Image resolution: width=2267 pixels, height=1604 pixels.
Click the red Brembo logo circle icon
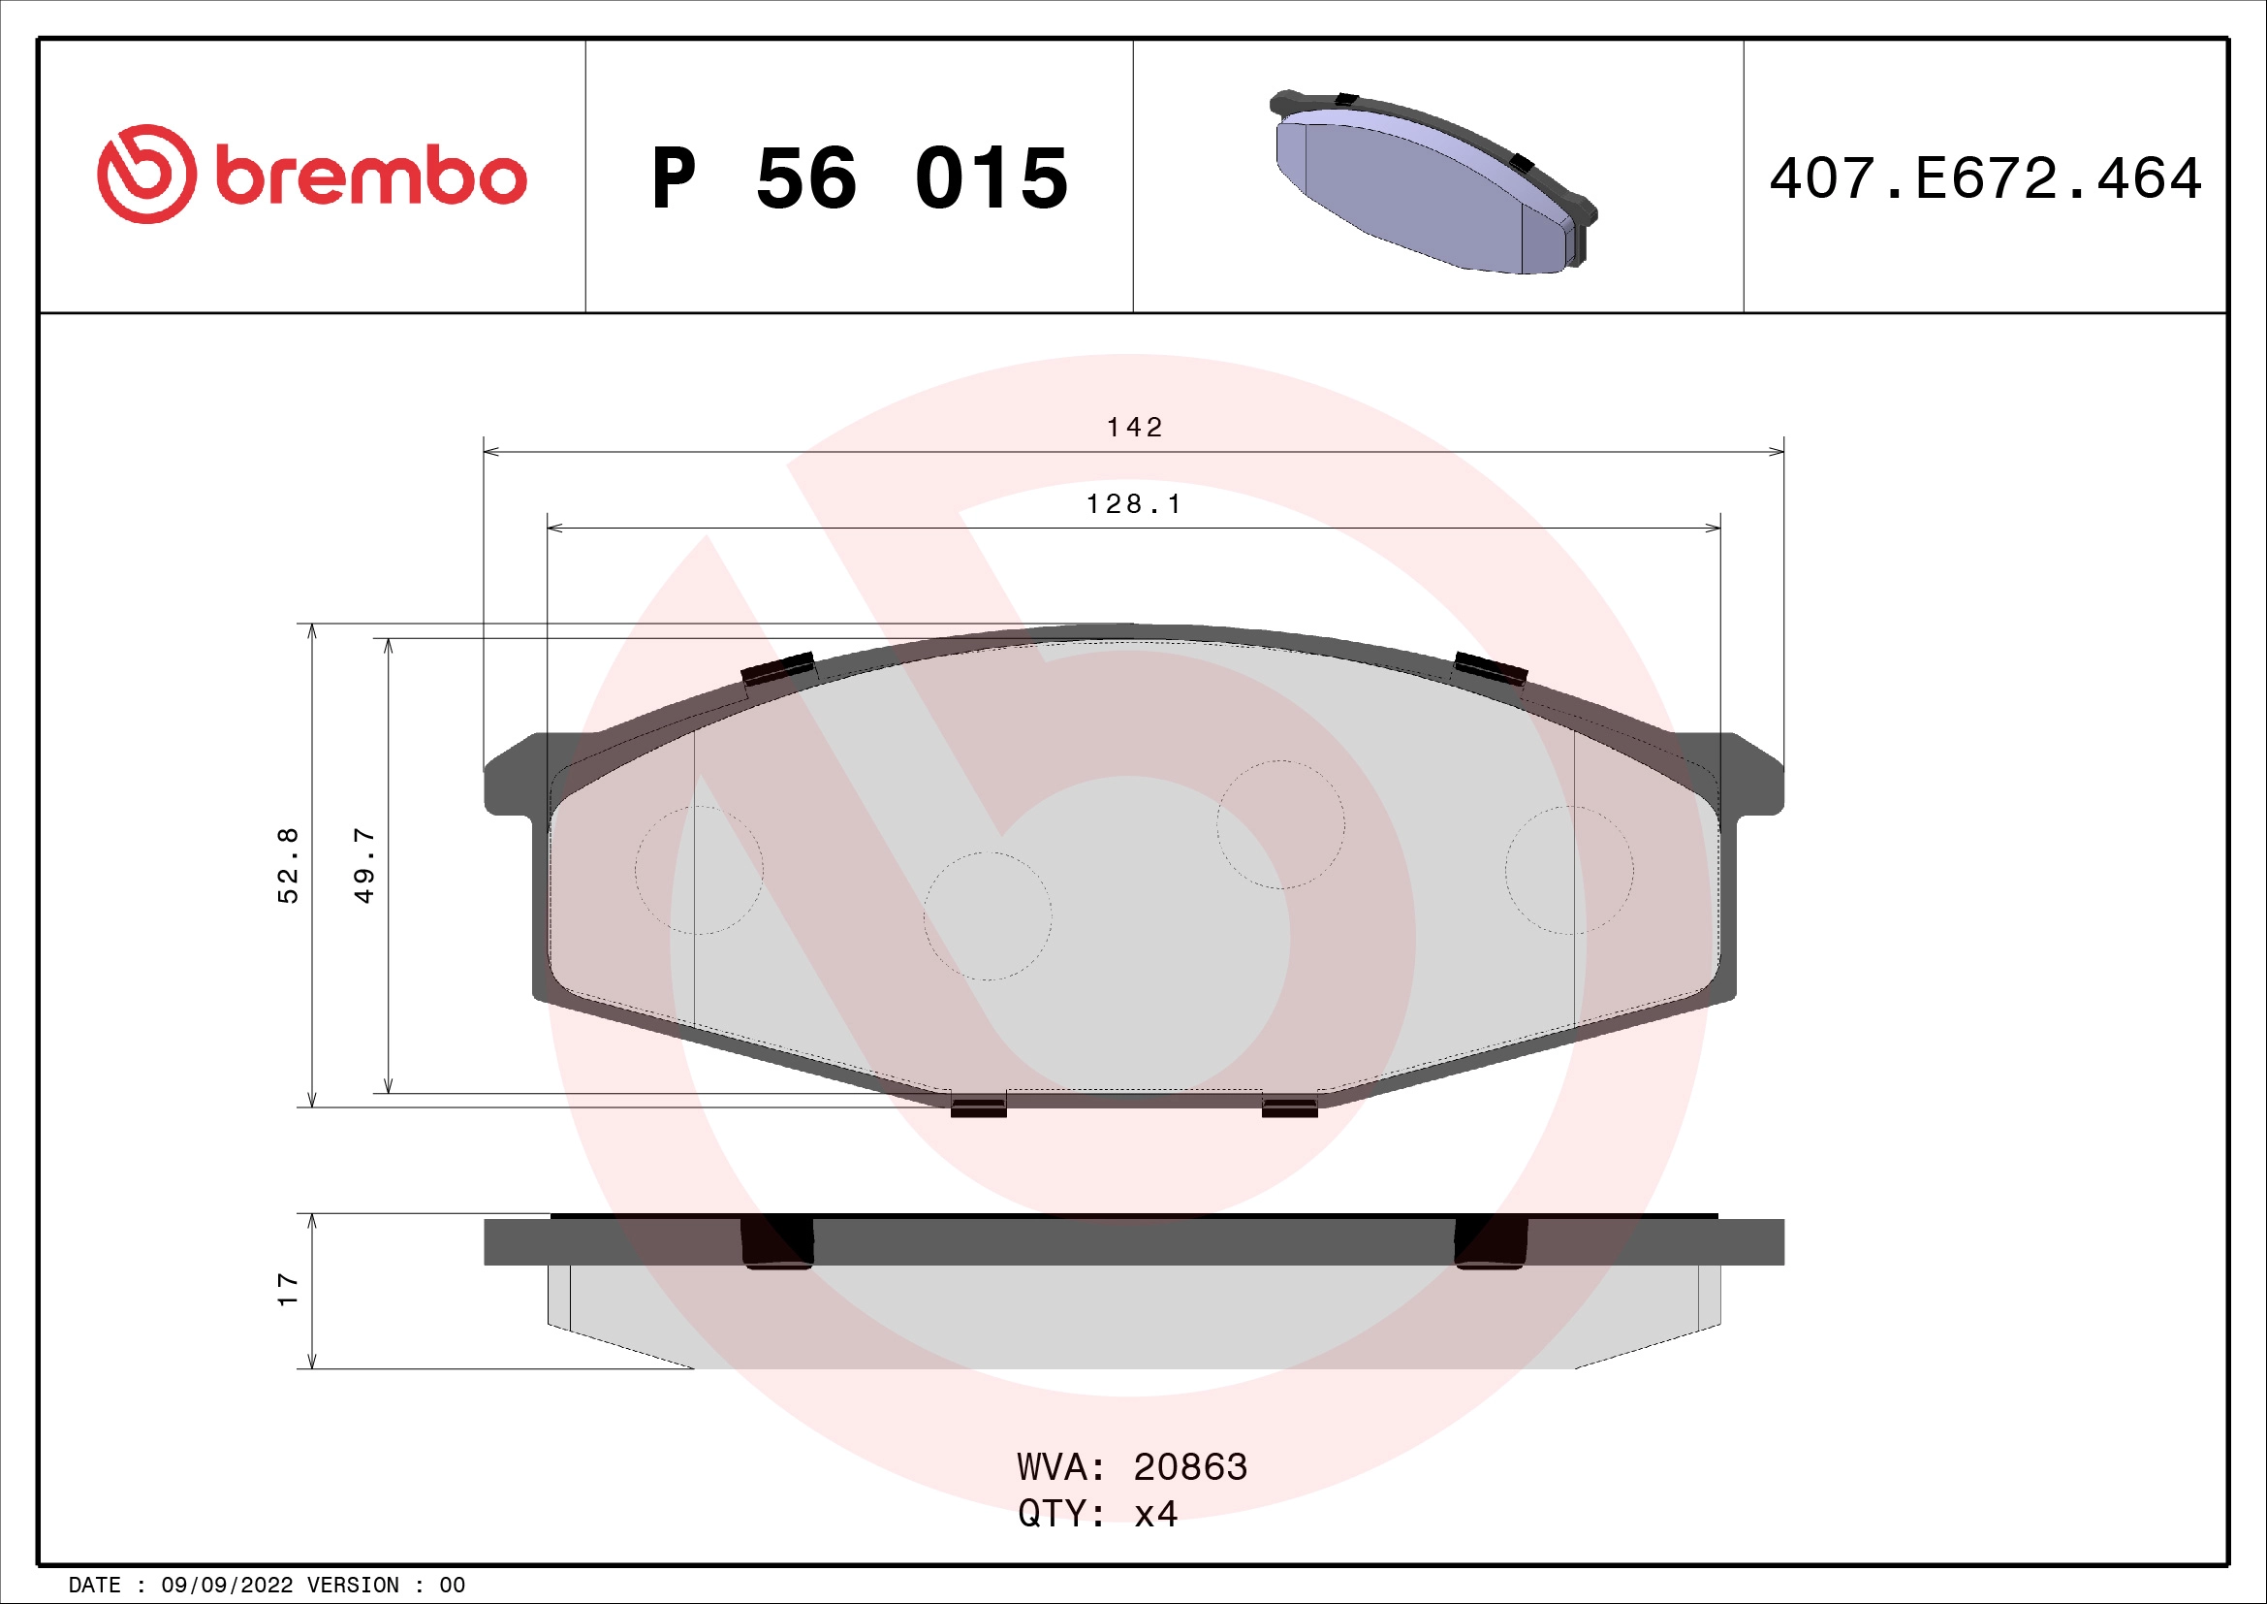coord(146,174)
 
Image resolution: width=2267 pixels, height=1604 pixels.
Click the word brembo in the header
coord(370,177)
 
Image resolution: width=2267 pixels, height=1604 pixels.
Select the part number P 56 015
coord(859,178)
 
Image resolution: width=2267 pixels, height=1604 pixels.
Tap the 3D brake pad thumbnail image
coord(1433,183)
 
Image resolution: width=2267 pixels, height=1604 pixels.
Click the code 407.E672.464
coord(1985,178)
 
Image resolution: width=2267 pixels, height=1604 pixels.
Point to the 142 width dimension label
coord(1135,428)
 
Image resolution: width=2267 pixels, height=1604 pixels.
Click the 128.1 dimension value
coord(1134,504)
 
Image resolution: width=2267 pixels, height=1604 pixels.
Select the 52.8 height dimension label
coord(287,865)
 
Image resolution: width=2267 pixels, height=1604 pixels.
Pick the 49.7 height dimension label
coord(364,865)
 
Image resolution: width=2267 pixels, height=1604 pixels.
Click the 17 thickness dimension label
coord(287,1290)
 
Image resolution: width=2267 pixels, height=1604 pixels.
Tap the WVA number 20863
coord(1190,1467)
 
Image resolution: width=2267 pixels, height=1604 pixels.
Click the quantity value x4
coord(1155,1514)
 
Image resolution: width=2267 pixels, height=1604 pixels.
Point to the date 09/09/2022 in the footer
coord(226,1586)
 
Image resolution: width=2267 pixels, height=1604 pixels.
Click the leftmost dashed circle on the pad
coord(699,870)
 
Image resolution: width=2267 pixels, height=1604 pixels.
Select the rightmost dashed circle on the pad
coord(1569,870)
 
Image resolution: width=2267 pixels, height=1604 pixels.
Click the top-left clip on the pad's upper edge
coord(778,669)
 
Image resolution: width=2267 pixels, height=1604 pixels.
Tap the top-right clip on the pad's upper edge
coord(1491,669)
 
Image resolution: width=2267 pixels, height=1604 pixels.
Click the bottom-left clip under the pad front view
coord(979,1107)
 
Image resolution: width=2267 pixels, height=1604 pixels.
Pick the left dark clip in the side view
coord(777,1242)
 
